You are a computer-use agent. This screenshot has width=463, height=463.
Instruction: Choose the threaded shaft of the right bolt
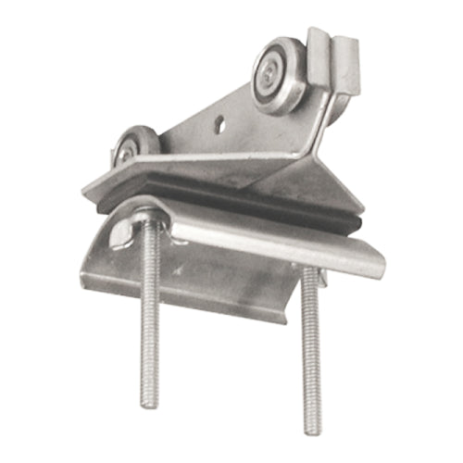tap(312, 352)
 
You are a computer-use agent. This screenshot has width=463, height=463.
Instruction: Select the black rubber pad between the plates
tap(231, 199)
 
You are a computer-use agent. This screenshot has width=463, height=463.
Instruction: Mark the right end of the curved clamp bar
tap(375, 264)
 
